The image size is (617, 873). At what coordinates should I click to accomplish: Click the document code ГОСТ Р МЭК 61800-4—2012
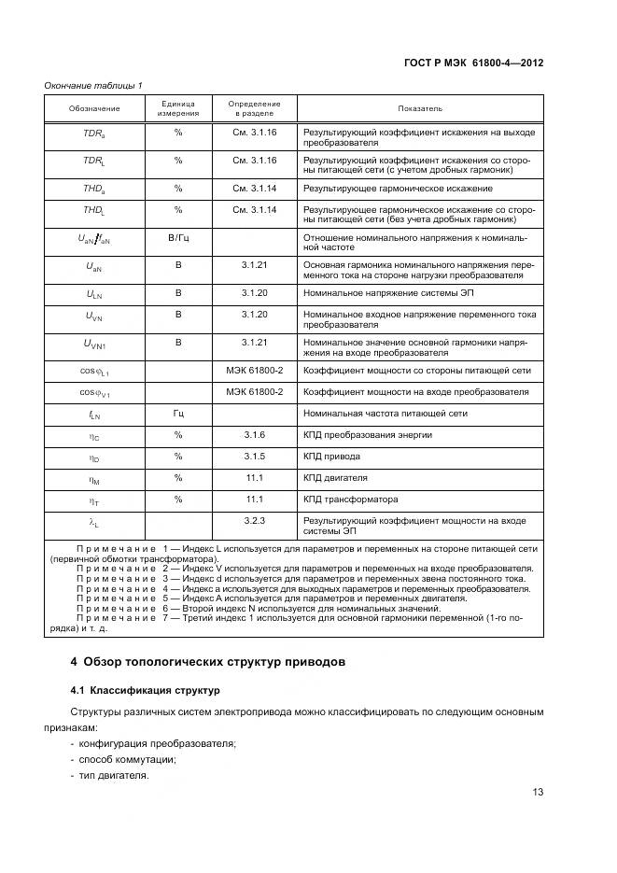tap(474, 63)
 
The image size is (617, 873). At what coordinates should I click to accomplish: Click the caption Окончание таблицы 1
tap(93, 86)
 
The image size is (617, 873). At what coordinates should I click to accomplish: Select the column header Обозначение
tap(94, 108)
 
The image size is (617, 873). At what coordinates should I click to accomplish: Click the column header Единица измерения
tap(177, 108)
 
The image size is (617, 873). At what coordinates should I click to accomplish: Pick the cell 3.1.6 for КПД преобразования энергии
tap(255, 435)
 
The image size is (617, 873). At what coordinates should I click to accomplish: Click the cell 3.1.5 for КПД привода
tap(255, 457)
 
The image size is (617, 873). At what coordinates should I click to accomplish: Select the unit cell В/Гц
tap(177, 239)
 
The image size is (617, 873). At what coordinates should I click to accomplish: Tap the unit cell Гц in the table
tap(177, 413)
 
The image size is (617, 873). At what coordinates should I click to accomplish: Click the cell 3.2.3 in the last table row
tap(255, 520)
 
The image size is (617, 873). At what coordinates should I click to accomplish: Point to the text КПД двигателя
tap(335, 478)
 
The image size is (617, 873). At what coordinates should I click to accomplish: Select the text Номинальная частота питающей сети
tap(386, 413)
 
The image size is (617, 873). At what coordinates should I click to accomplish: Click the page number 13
tap(537, 792)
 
